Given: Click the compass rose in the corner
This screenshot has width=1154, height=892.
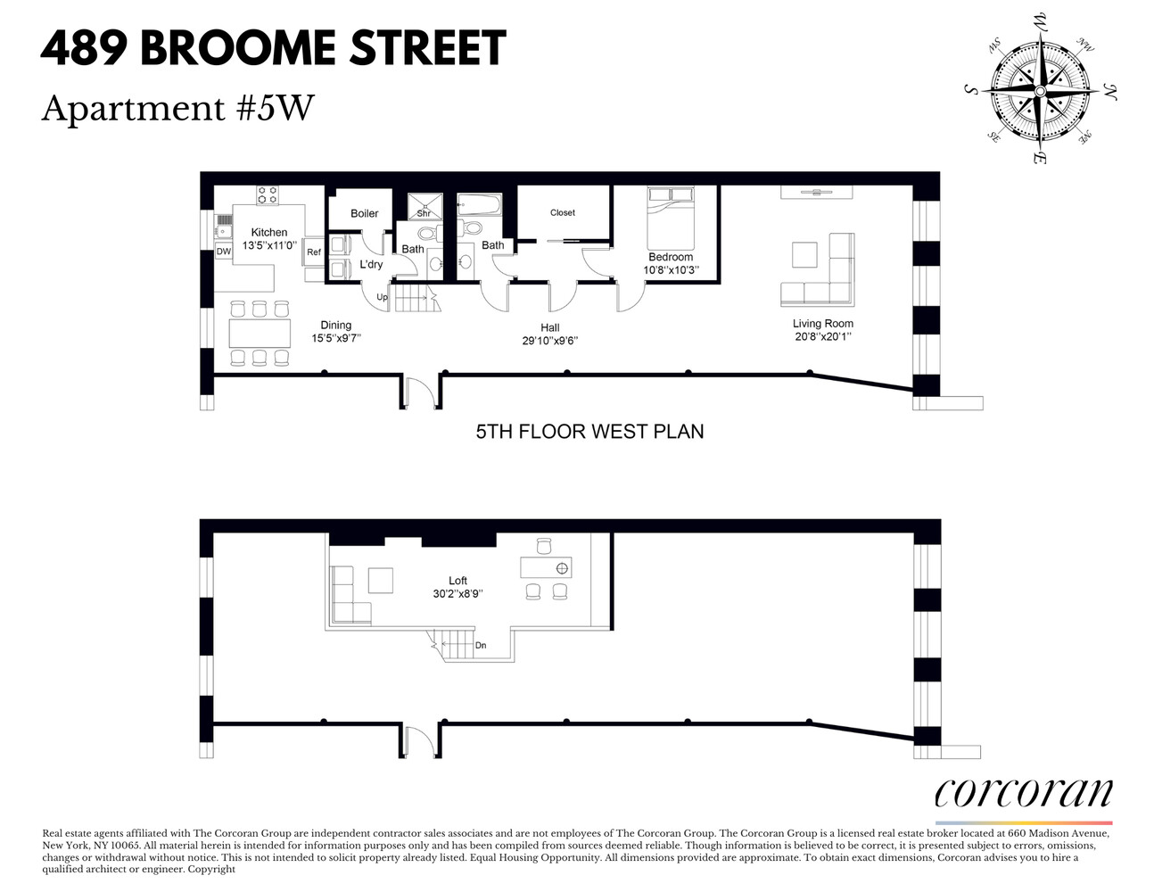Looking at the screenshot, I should point(1040,91).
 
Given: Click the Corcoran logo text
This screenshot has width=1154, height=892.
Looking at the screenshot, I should point(1023,792).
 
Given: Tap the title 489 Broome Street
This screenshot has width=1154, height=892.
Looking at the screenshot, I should point(273,49).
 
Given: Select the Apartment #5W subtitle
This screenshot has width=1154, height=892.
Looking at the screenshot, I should point(177,108).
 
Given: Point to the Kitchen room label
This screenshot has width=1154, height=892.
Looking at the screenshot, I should point(268,232).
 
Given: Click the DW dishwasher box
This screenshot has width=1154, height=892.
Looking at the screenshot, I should point(223,252).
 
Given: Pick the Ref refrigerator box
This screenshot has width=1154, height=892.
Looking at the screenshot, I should point(314,252).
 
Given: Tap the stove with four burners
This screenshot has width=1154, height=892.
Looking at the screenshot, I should point(268,194).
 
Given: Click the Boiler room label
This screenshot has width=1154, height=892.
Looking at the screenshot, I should point(364,213).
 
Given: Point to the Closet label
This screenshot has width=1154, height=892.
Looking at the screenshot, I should point(563,212).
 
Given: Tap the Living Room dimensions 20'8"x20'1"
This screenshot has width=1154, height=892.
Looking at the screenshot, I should point(823,337).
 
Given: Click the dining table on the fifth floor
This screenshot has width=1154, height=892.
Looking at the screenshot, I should point(260,334).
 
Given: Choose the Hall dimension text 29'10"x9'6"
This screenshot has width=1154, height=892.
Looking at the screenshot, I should point(550,341).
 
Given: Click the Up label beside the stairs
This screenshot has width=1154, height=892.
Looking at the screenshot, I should point(382,297).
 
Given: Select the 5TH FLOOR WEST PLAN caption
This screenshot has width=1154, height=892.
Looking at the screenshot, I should point(589,432).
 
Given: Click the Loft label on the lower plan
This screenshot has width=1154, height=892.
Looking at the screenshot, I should point(457,581).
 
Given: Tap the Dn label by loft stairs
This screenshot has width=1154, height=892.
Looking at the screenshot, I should point(481,645).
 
